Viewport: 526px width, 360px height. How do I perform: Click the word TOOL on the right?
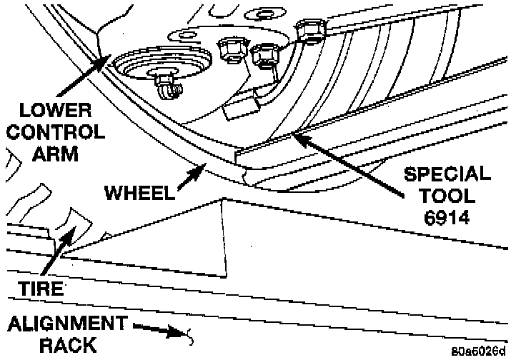pos(447,196)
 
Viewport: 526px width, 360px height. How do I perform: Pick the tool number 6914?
pos(447,217)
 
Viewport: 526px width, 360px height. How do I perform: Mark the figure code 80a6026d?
pos(478,351)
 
